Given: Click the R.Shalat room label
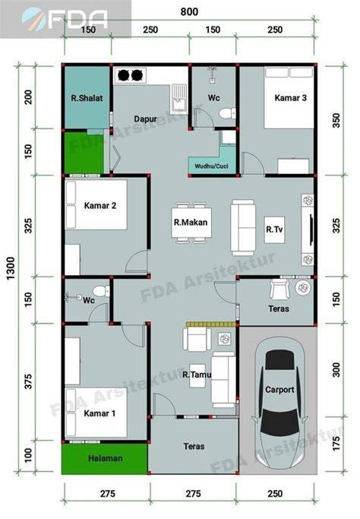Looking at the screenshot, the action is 87,98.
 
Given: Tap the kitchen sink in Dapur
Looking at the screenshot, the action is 179,97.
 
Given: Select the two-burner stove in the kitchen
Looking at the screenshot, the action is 130,75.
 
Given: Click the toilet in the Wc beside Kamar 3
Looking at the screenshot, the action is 227,113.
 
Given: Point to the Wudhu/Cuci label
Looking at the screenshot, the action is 211,166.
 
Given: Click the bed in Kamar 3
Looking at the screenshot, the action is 289,97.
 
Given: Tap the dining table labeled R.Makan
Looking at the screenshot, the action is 191,223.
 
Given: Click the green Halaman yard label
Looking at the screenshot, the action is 106,458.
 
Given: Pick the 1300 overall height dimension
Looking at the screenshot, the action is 11,268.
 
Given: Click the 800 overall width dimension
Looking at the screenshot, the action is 189,12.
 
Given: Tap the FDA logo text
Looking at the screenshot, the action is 78,18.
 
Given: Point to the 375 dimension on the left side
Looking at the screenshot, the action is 28,381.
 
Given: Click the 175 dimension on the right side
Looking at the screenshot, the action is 336,443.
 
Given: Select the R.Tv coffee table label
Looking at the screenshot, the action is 274,229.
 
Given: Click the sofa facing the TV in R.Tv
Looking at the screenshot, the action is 242,227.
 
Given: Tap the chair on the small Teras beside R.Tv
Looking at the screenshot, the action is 279,289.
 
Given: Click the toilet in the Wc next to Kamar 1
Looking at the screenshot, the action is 101,291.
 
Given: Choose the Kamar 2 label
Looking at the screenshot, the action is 100,205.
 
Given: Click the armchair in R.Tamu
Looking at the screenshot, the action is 197,339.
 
